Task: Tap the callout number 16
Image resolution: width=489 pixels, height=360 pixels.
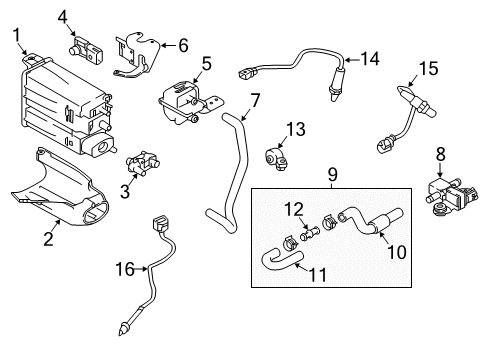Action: (125, 269)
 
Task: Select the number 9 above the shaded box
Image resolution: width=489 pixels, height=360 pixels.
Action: (332, 174)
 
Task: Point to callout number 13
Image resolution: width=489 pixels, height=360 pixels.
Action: (295, 129)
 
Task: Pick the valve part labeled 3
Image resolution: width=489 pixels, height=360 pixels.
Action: (143, 163)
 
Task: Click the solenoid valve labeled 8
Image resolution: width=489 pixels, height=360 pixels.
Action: (452, 196)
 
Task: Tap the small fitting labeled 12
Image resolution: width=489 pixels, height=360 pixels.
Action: (310, 232)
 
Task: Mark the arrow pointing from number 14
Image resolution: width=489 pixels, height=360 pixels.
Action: (352, 60)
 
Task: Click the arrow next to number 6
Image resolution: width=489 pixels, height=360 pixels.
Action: (168, 46)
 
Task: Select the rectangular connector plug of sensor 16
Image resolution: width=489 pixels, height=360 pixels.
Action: (159, 224)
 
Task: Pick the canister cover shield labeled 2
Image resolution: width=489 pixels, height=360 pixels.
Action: (60, 188)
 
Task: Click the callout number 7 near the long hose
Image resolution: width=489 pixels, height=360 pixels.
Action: (254, 100)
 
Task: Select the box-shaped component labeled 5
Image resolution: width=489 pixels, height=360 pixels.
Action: (188, 101)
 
